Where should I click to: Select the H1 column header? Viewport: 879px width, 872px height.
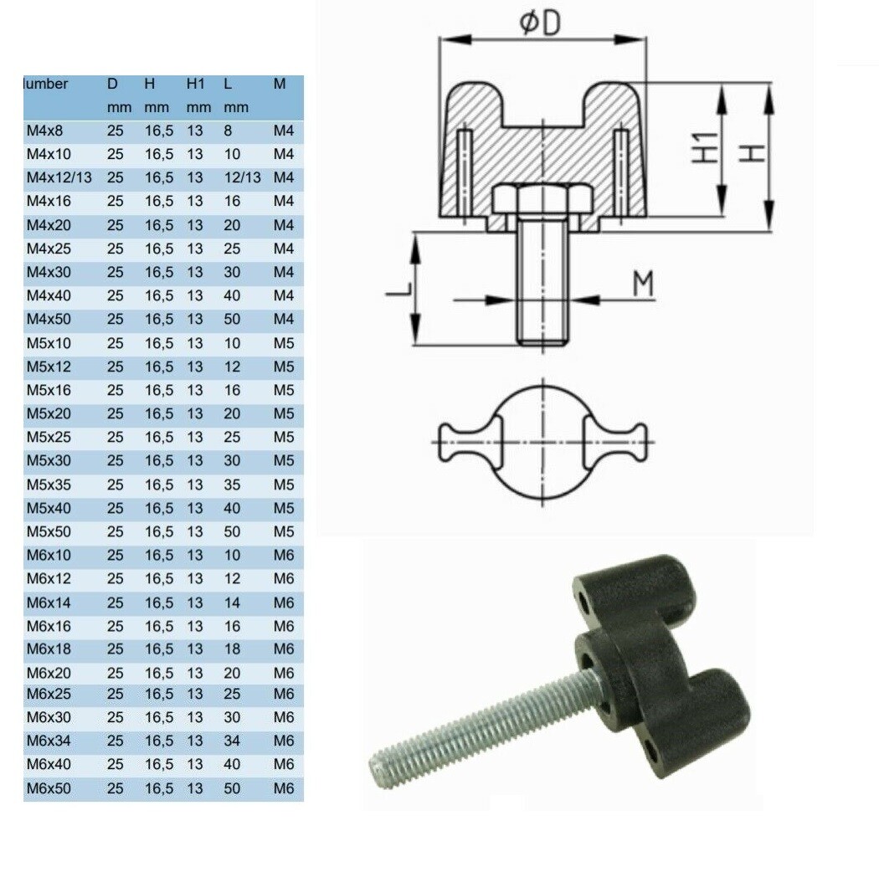point(196,84)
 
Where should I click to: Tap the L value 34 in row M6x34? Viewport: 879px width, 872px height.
point(233,741)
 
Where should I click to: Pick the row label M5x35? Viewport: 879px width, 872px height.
point(45,485)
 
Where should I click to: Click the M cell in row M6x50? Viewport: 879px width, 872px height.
point(284,788)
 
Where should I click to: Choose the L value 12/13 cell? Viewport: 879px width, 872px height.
point(243,178)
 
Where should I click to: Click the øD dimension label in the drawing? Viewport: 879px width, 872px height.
point(540,23)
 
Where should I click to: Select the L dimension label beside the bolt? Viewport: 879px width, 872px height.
point(400,290)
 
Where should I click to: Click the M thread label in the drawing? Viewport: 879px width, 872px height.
point(642,285)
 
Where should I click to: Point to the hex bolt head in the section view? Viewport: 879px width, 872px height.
point(542,200)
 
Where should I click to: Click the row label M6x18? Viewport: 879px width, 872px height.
point(45,649)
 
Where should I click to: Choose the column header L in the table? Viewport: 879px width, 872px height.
point(227,84)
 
